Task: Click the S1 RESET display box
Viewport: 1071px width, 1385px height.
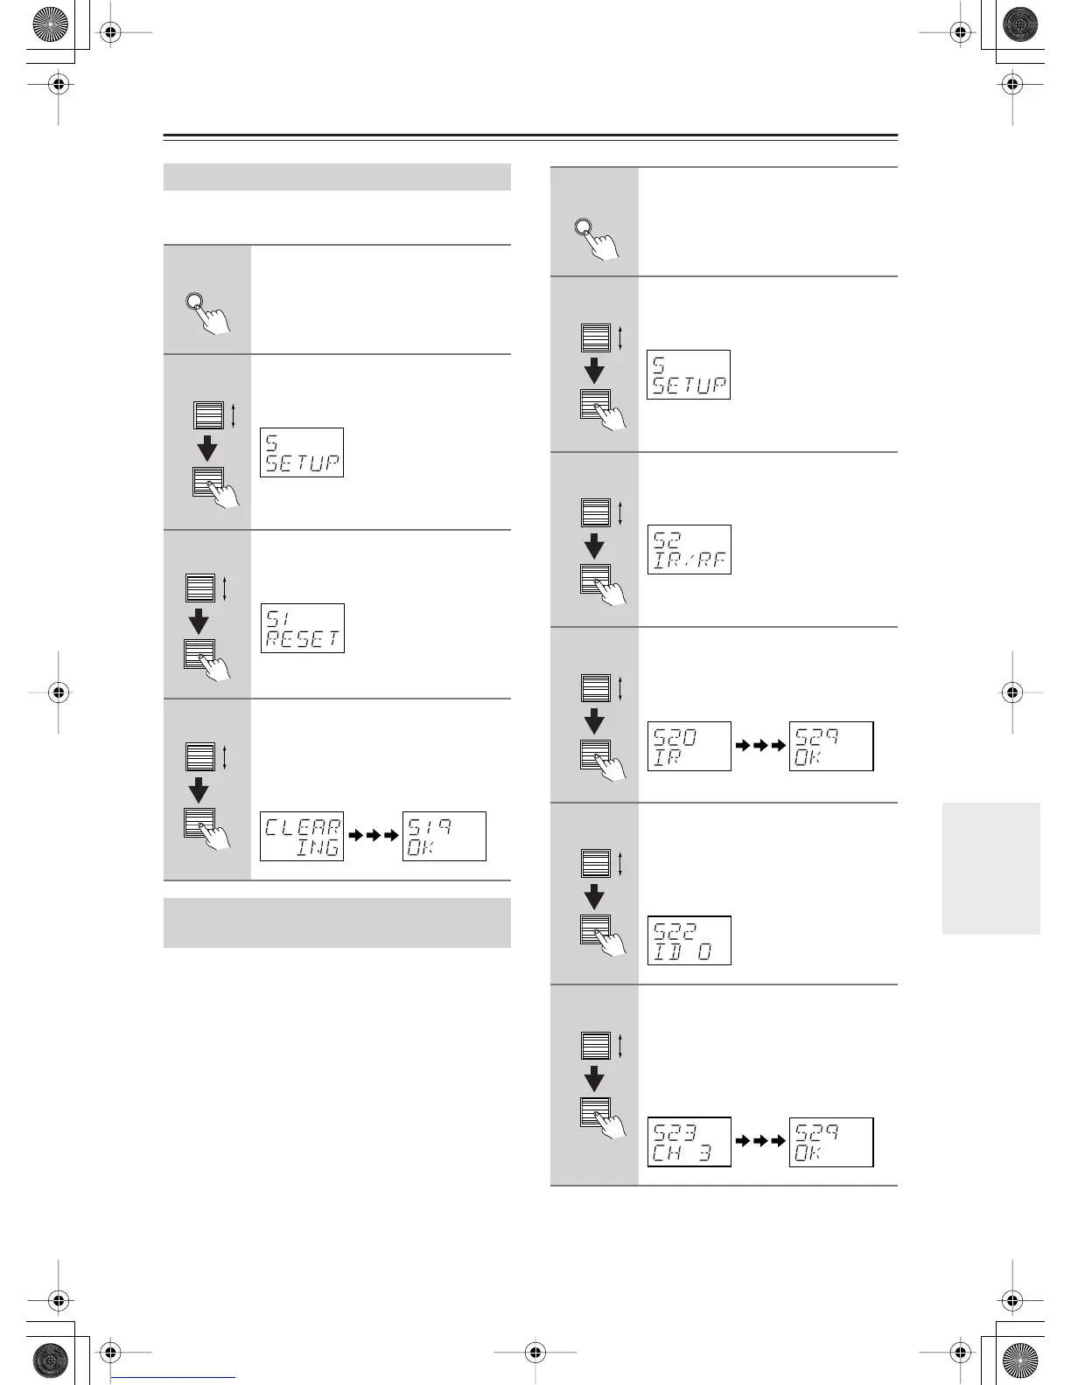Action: [302, 628]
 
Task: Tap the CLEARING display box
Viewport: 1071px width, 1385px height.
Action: [302, 836]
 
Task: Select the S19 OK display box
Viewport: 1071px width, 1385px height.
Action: [444, 836]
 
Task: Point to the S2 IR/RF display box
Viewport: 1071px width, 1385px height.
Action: [689, 549]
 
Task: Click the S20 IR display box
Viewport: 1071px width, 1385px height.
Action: [689, 746]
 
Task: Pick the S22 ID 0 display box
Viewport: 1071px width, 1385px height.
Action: [689, 940]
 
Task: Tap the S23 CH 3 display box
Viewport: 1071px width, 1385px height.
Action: [689, 1142]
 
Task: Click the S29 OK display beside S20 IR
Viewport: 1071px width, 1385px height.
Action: [831, 746]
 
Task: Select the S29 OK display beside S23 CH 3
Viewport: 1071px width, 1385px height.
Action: [831, 1142]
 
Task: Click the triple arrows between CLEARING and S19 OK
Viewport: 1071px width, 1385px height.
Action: [374, 836]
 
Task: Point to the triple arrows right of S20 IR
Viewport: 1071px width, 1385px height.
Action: [760, 746]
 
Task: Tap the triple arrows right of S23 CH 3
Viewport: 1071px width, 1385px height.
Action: [760, 1142]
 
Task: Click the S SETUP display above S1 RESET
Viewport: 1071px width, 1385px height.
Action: [302, 452]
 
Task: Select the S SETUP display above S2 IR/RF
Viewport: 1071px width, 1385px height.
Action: [689, 374]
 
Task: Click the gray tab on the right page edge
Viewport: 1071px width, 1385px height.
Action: [991, 868]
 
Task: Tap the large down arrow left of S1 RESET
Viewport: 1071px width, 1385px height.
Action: [199, 621]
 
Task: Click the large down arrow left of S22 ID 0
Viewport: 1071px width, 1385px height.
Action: [595, 895]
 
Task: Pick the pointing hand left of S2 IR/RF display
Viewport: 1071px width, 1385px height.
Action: [609, 588]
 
